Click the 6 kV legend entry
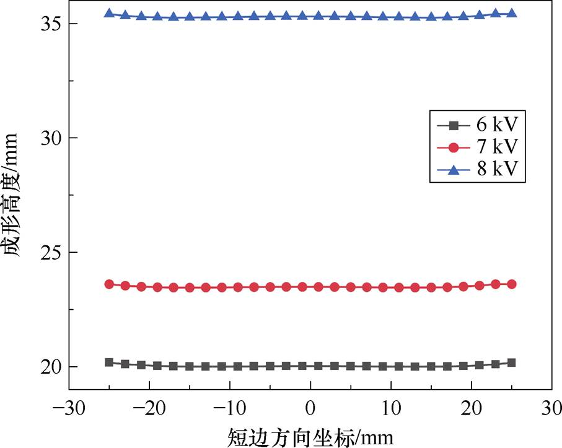477,126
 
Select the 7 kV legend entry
477,147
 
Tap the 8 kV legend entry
477,169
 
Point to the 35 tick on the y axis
50,24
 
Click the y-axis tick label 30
50,138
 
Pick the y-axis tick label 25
50,252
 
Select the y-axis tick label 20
50,367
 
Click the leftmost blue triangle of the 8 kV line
109,13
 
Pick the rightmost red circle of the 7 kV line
512,284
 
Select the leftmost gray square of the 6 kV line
109,362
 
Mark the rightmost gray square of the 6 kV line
512,362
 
